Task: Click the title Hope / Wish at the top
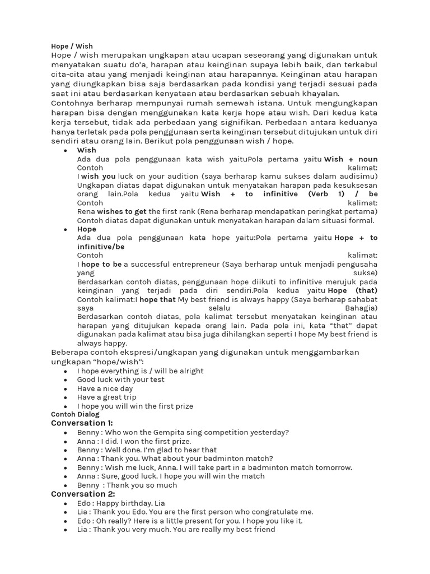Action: point(72,46)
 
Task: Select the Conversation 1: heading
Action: point(82,423)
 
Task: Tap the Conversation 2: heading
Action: point(83,494)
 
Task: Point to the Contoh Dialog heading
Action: point(75,414)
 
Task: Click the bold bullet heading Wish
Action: point(87,150)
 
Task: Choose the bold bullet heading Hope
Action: point(87,229)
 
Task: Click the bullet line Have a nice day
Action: point(105,388)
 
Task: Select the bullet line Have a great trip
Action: point(107,397)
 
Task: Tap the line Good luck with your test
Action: point(121,379)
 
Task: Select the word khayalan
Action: point(319,94)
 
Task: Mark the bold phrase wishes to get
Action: point(121,211)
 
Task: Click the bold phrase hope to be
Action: point(101,264)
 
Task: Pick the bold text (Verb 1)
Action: point(327,194)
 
